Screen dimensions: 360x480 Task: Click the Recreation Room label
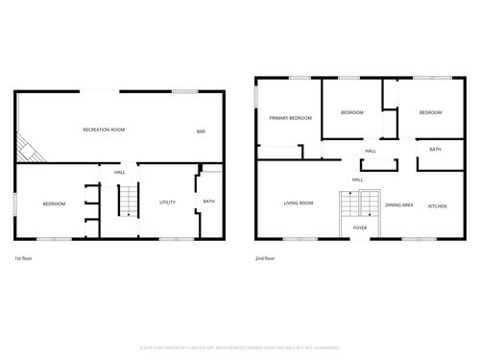pyautogui.click(x=104, y=130)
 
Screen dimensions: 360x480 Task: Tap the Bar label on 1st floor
pyautogui.click(x=202, y=132)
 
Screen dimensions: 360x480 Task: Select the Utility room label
pyautogui.click(x=167, y=203)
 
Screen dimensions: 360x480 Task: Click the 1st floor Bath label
pyautogui.click(x=208, y=202)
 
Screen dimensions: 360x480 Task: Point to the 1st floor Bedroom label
pyautogui.click(x=54, y=204)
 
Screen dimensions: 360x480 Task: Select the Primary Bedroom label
pyautogui.click(x=291, y=117)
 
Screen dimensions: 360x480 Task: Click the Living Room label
pyautogui.click(x=299, y=204)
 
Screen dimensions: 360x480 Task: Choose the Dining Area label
pyautogui.click(x=399, y=205)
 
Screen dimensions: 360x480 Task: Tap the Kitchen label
pyautogui.click(x=437, y=205)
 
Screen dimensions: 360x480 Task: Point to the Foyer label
pyautogui.click(x=359, y=228)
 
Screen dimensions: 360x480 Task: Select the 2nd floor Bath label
pyautogui.click(x=435, y=150)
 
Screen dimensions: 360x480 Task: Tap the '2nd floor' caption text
pyautogui.click(x=265, y=259)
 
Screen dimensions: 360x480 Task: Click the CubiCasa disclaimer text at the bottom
pyautogui.click(x=239, y=347)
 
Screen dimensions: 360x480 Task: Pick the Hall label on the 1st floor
pyautogui.click(x=120, y=172)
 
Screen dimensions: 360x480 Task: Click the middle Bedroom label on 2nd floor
pyautogui.click(x=352, y=113)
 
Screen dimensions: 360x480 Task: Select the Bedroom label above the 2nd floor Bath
pyautogui.click(x=430, y=113)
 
